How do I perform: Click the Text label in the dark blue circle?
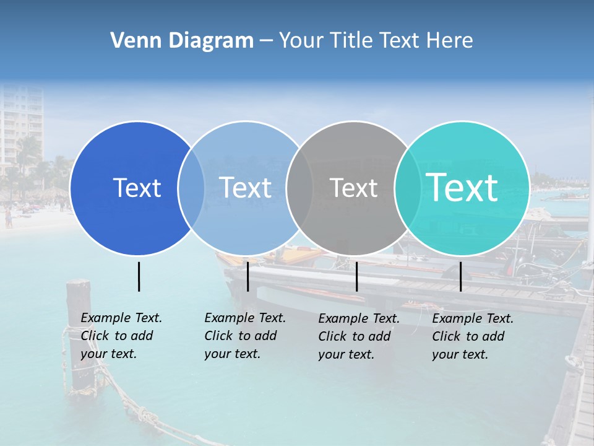pyautogui.click(x=137, y=188)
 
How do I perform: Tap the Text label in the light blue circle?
pyautogui.click(x=245, y=188)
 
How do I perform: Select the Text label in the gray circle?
pyautogui.click(x=353, y=188)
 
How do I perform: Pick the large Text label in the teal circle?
pyautogui.click(x=462, y=187)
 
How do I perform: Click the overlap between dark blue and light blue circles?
pyautogui.click(x=191, y=188)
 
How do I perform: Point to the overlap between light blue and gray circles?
pyautogui.click(x=299, y=188)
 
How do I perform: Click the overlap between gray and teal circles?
pyautogui.click(x=407, y=188)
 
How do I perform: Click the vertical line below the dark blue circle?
pyautogui.click(x=139, y=276)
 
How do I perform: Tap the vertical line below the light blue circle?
pyautogui.click(x=247, y=276)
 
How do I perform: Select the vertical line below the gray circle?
pyautogui.click(x=356, y=276)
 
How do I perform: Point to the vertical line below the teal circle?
pyautogui.click(x=460, y=276)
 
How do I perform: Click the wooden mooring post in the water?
pyautogui.click(x=79, y=334)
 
